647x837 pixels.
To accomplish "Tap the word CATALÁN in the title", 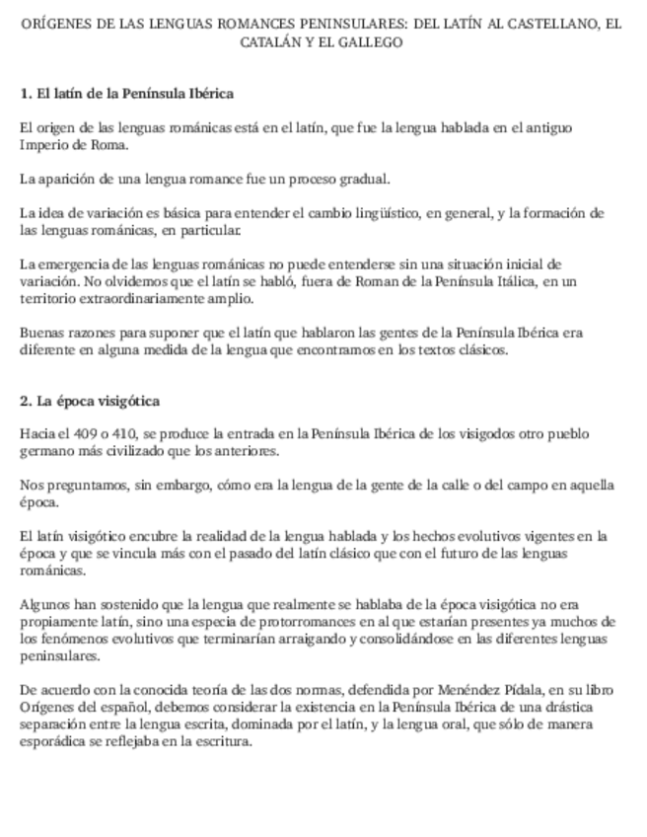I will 271,43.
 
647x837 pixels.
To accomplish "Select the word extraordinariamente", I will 138,298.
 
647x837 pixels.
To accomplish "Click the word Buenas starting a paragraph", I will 42,333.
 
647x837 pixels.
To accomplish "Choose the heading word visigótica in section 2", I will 125,401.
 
